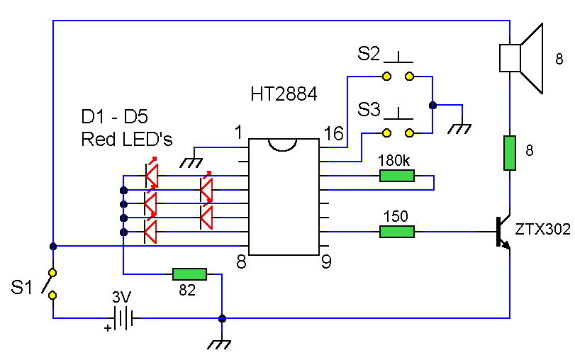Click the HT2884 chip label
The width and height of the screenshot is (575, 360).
[x=284, y=94]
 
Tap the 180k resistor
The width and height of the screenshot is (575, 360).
[x=396, y=176]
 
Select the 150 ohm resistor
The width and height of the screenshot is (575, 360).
[x=396, y=232]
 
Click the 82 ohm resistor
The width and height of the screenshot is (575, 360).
[x=189, y=274]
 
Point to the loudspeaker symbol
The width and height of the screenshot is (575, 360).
[x=521, y=57]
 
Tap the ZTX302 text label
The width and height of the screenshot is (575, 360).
[x=543, y=230]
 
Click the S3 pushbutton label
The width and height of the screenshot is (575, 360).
[x=369, y=110]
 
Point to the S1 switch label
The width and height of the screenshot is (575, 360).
[x=23, y=288]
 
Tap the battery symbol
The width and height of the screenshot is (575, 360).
[x=124, y=318]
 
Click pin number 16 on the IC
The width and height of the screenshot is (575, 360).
[x=334, y=133]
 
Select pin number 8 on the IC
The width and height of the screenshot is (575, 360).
[x=241, y=263]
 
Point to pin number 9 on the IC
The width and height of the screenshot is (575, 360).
[x=326, y=263]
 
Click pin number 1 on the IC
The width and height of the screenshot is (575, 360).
[x=239, y=132]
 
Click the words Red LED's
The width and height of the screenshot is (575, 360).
[x=127, y=139]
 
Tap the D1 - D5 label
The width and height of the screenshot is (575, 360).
[x=114, y=117]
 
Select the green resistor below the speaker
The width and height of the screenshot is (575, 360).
[x=509, y=153]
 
